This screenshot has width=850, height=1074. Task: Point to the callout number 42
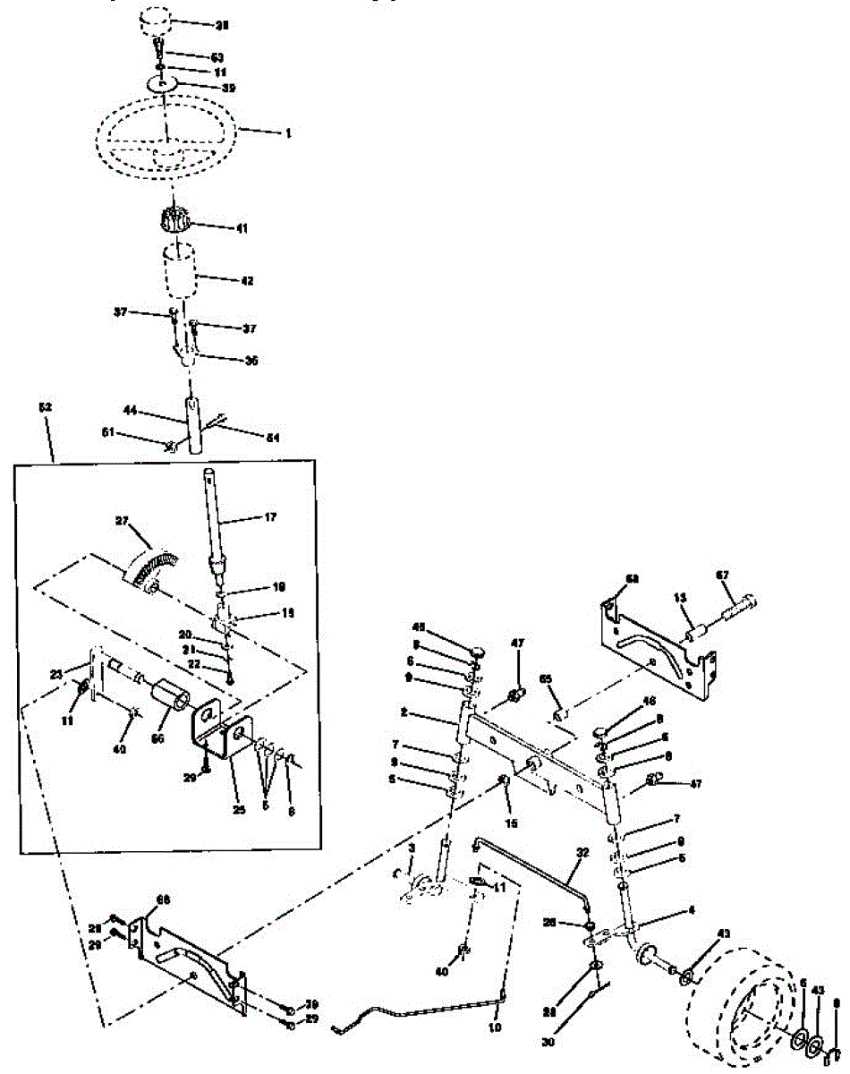pos(246,280)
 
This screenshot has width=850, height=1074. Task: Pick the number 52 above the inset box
pos(46,407)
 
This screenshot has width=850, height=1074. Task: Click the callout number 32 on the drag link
pos(583,853)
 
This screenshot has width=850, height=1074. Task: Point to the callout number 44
pos(130,411)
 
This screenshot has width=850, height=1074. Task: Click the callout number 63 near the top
pos(217,56)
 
